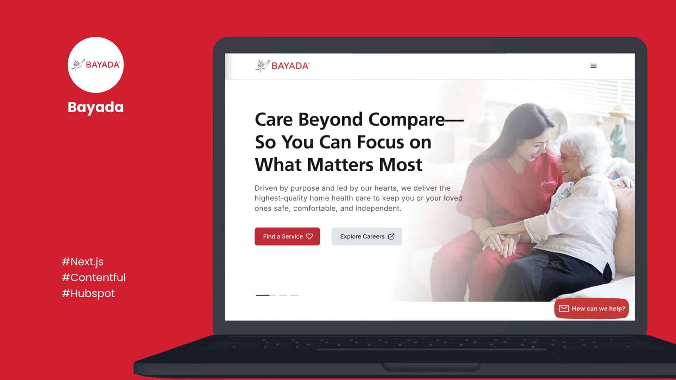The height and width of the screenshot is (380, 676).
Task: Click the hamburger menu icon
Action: tap(593, 66)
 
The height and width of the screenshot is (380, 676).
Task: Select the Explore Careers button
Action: tap(367, 236)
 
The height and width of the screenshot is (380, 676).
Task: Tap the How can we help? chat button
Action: tap(591, 309)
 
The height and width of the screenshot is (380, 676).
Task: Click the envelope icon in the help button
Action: tap(564, 309)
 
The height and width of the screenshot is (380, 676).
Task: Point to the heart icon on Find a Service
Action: tap(309, 236)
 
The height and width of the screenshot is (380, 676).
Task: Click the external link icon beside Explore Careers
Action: tap(391, 236)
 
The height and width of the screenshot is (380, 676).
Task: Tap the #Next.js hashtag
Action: tap(82, 262)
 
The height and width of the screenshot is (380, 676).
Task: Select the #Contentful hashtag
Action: tap(94, 277)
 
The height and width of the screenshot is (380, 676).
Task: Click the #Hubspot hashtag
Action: tap(88, 293)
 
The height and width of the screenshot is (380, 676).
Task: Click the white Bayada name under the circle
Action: tap(95, 107)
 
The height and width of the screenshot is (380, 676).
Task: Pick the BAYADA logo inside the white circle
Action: tap(95, 65)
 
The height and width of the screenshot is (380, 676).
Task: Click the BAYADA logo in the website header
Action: tap(282, 66)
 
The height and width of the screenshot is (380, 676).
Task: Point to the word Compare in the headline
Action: tap(406, 120)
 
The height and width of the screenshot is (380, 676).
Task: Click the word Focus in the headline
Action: tap(380, 142)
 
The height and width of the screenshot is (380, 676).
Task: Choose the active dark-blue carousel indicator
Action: tap(263, 295)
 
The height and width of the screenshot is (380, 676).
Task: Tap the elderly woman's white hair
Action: tap(584, 148)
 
